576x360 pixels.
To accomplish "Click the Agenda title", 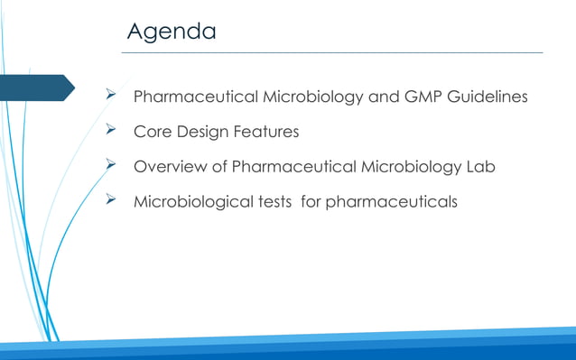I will tap(172, 32).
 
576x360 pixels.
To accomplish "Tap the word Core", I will tap(152, 133).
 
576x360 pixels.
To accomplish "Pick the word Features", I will tap(266, 133).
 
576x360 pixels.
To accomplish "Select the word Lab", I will tap(479, 167).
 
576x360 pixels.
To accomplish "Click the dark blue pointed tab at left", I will tap(36, 88).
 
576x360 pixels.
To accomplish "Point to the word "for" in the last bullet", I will tap(311, 201).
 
